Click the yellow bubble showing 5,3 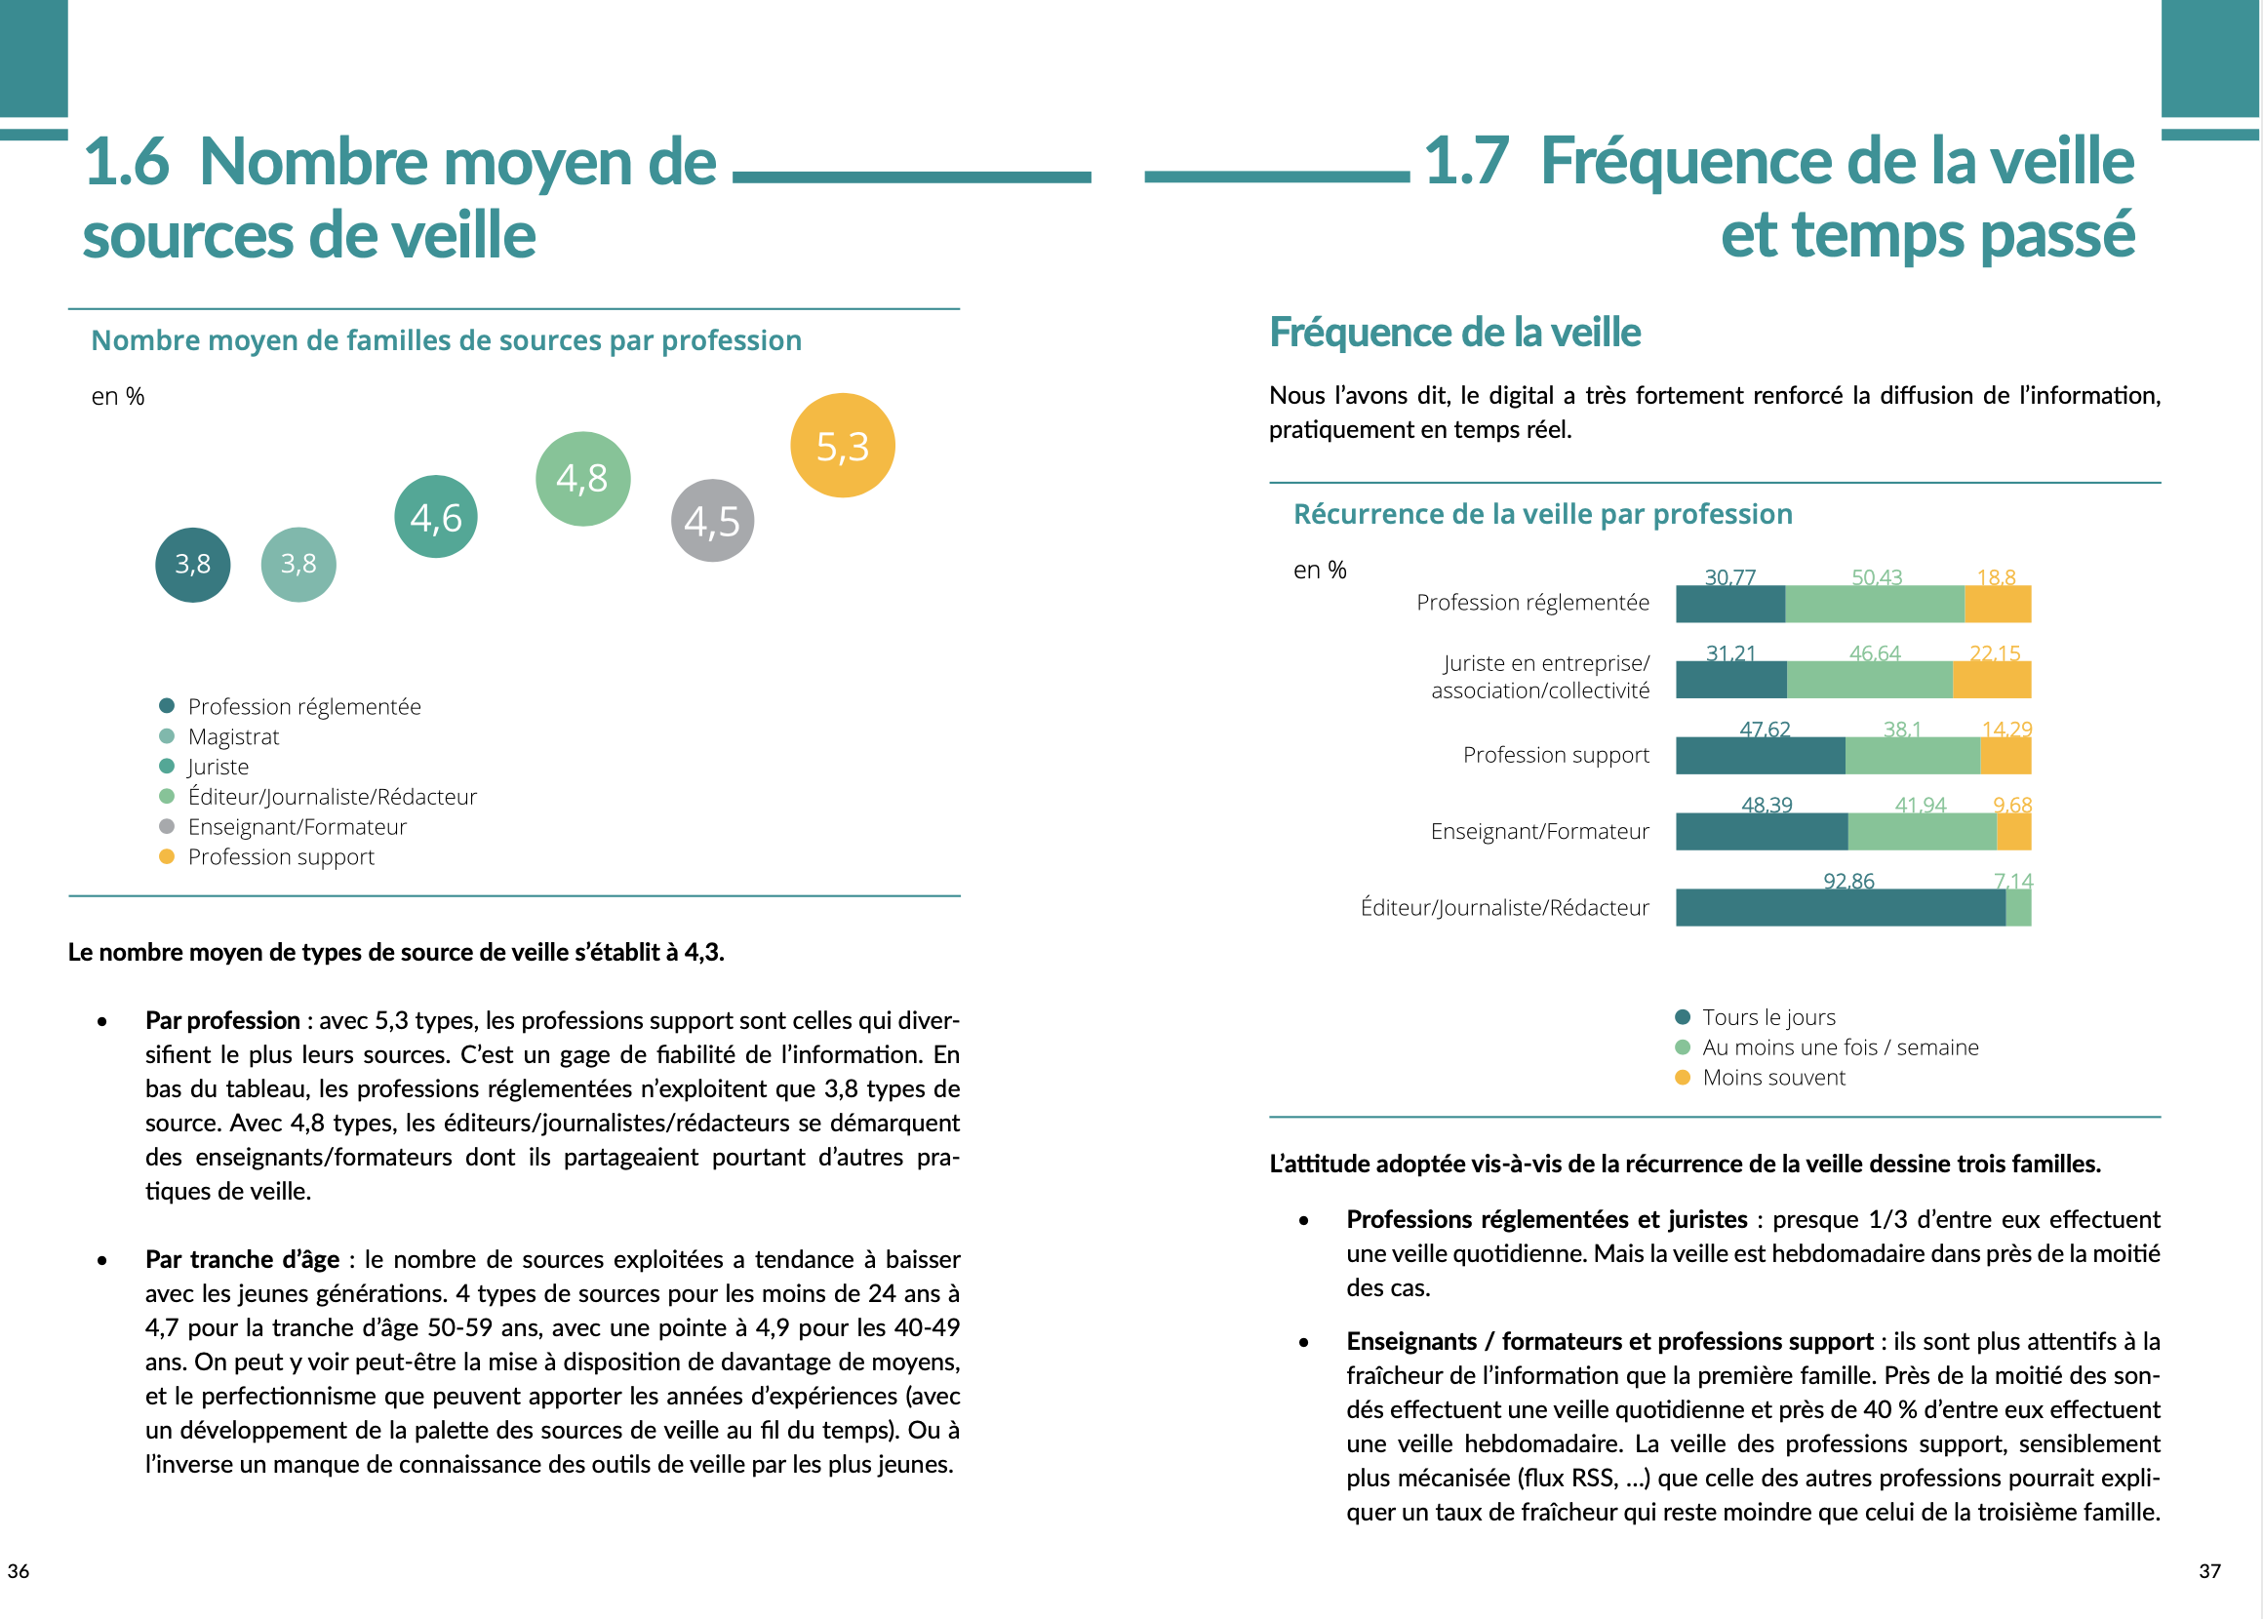843,446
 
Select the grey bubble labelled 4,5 712,521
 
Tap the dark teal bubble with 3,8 192,565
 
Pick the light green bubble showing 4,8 583,479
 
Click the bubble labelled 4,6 436,516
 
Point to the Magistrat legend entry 233,736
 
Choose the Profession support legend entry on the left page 280,856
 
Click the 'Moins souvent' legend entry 1772,1077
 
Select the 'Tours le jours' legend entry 1767,1017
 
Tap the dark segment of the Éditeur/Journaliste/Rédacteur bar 1840,907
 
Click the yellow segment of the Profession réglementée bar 1997,604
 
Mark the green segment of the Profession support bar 1912,756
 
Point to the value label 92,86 1848,881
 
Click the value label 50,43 1876,577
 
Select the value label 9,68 2011,805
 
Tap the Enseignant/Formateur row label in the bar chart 1539,831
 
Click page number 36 18,1571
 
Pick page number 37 2209,1571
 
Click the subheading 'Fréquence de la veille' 1454,332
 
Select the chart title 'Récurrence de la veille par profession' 1542,513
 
